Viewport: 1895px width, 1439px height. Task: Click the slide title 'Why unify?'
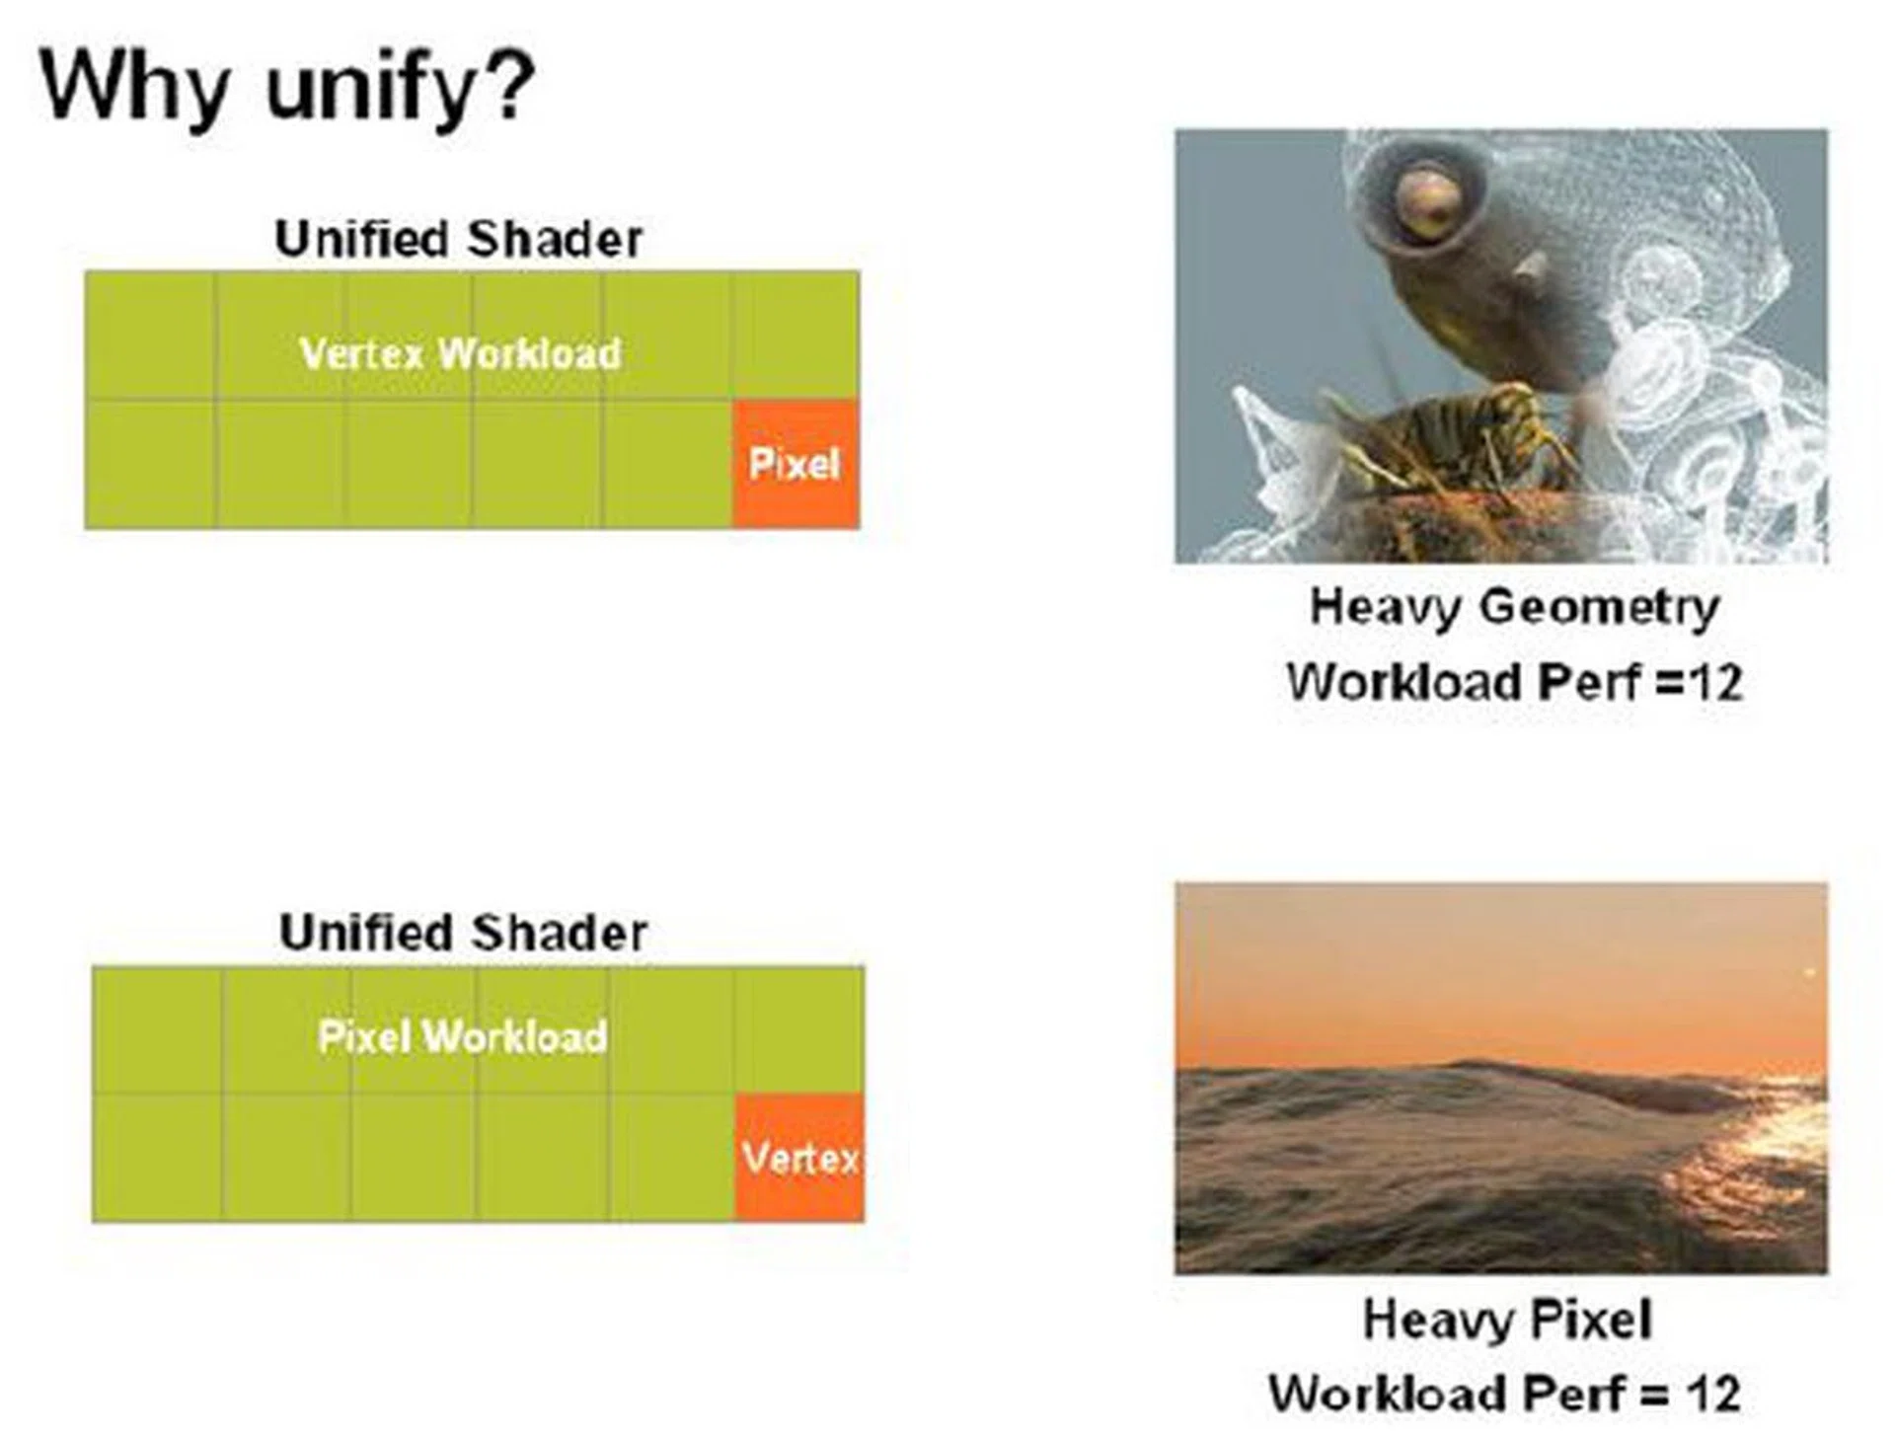click(x=287, y=88)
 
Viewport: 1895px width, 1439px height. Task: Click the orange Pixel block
click(x=796, y=464)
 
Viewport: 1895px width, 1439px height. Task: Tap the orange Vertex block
click(x=800, y=1157)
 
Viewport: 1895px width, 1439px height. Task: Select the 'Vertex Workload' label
click(x=460, y=353)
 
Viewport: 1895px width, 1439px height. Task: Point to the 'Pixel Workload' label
click(x=463, y=1036)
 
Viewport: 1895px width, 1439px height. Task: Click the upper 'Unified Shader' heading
click(x=459, y=239)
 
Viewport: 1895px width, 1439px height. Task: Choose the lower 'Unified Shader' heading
click(x=463, y=933)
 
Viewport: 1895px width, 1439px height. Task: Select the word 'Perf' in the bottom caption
click(x=1573, y=1394)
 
